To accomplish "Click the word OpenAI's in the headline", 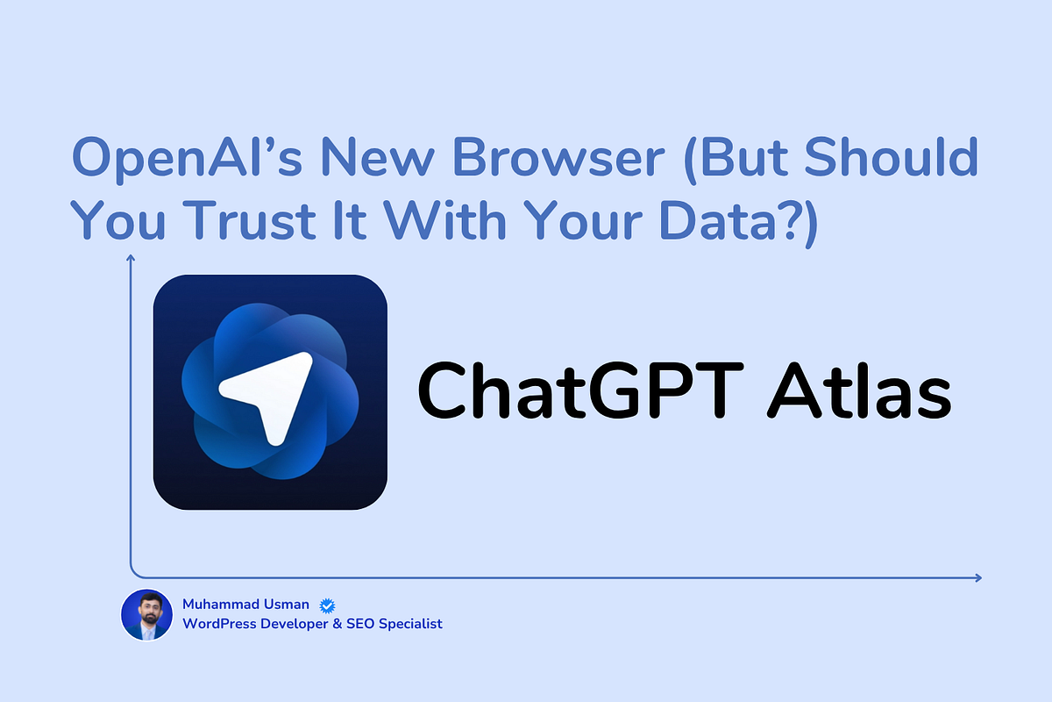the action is tap(187, 158).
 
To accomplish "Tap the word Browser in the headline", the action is tap(558, 158).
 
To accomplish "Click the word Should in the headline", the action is tap(892, 157).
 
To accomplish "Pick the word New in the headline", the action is tap(377, 158).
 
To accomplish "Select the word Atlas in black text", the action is tap(859, 390).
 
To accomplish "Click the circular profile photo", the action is tap(147, 614).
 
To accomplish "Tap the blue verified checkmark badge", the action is tap(327, 605).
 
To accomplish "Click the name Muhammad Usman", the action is tap(245, 605).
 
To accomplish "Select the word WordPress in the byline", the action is tap(219, 624).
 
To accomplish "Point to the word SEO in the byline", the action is tap(360, 624).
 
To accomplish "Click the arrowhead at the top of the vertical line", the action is tap(131, 257).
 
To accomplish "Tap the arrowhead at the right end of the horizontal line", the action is tap(978, 578).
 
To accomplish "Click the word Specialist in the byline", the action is tap(410, 625).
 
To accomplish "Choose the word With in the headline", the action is tap(444, 220).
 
